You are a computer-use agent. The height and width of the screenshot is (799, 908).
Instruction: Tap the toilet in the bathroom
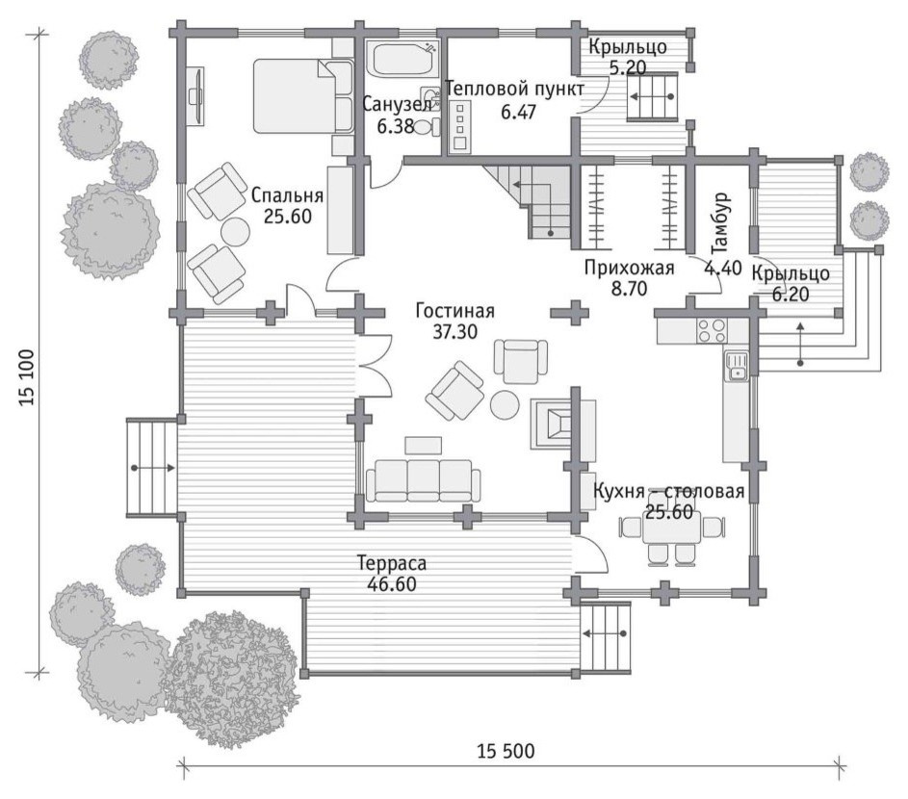click(428, 126)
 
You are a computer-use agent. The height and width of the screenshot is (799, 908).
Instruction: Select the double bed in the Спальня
click(303, 95)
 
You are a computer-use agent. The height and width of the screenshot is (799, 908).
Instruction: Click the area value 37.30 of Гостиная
click(454, 332)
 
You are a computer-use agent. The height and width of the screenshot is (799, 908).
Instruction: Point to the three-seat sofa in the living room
click(423, 480)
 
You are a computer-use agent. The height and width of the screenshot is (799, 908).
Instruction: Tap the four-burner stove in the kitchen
click(712, 330)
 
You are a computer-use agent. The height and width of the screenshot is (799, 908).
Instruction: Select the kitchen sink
click(736, 367)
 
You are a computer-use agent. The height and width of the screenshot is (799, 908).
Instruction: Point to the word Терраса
click(392, 562)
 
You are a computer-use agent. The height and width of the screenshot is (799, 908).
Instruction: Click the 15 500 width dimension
click(506, 752)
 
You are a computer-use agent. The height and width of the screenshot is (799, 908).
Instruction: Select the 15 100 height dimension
click(28, 377)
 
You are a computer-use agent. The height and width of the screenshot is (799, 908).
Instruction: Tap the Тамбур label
click(720, 223)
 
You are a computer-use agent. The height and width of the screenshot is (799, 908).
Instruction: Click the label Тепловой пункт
click(515, 90)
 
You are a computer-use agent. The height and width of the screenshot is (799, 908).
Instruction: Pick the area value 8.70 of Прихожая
click(629, 288)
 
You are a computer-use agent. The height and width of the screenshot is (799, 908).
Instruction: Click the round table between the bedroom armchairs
click(235, 230)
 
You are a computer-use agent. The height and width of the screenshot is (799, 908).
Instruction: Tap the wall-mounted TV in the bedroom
click(196, 94)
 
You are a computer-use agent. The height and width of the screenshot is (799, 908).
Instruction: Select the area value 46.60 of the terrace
click(392, 584)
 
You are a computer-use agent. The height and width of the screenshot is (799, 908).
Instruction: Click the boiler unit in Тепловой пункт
click(461, 127)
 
